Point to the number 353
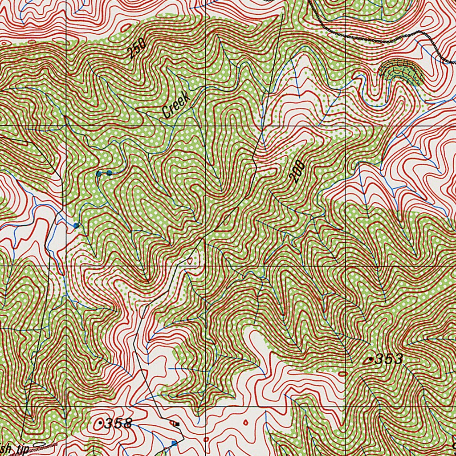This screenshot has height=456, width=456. tap(389, 359)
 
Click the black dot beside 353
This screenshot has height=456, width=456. tap(372, 359)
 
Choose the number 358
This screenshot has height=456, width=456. tap(118, 423)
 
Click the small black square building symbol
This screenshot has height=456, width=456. tap(177, 424)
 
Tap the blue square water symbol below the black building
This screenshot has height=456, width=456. tap(174, 443)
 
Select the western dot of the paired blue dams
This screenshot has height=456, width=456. tap(99, 173)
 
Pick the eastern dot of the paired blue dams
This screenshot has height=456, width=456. tap(109, 172)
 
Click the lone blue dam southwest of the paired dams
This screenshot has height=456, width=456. tap(76, 225)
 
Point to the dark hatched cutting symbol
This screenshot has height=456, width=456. tap(400, 70)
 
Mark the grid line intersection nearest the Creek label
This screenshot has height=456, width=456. tap(205, 126)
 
